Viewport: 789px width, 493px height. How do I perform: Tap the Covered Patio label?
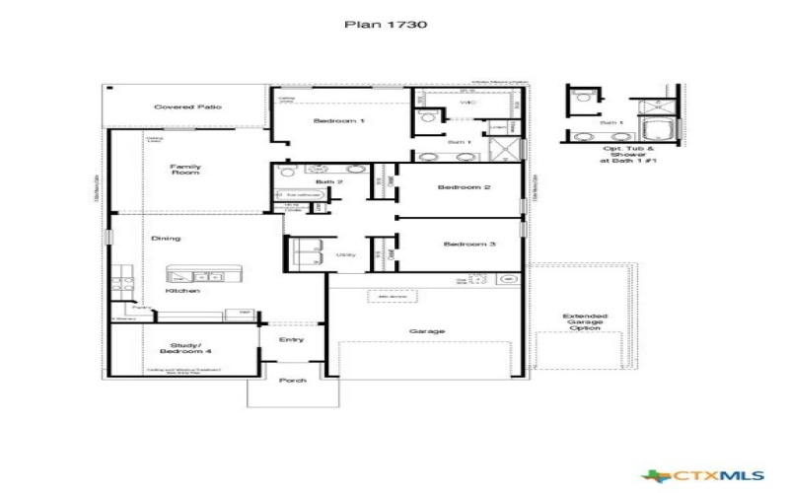[x=187, y=106]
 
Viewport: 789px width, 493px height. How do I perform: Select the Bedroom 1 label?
[x=339, y=121]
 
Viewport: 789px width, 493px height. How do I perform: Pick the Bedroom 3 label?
[x=468, y=244]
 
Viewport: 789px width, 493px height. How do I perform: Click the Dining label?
[x=165, y=239]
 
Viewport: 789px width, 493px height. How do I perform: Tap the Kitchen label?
[x=183, y=291]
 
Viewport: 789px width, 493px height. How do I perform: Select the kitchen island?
[x=192, y=275]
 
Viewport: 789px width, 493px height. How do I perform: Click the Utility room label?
[x=345, y=255]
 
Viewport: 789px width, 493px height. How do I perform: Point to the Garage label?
[x=426, y=331]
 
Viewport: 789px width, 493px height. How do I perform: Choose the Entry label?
[x=291, y=340]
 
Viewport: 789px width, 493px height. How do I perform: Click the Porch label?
[x=293, y=380]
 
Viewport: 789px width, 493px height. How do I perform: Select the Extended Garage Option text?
[x=585, y=322]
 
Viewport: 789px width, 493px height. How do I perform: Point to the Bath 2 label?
[x=328, y=182]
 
